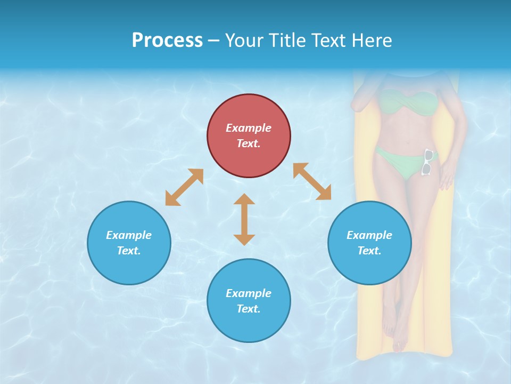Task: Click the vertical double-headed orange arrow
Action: point(244,219)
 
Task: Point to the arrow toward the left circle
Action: point(184,187)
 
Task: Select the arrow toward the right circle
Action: point(312,181)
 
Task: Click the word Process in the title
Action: point(167,41)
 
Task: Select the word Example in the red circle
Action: point(249,128)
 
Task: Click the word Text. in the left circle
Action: point(129,251)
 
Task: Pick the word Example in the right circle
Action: point(369,235)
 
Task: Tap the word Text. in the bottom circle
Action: point(249,309)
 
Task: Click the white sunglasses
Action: point(427,162)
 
